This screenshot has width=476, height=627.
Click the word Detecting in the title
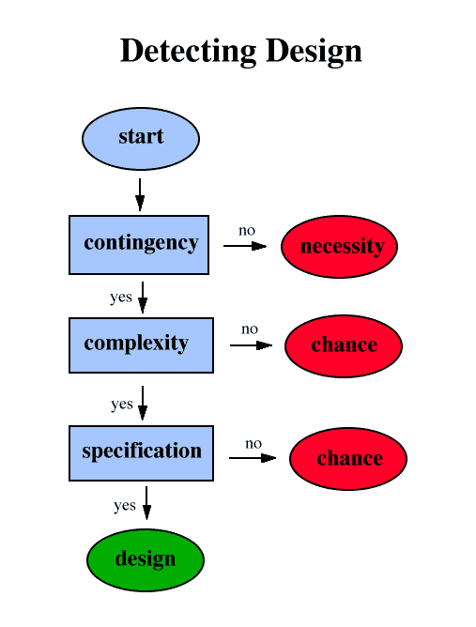(x=188, y=52)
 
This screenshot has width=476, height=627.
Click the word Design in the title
(x=314, y=52)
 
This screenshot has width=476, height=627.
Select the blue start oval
(x=141, y=138)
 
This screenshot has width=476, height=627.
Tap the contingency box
(x=139, y=245)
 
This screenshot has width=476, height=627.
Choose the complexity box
(x=141, y=345)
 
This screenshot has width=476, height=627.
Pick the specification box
(x=141, y=453)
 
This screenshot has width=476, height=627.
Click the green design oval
(x=146, y=559)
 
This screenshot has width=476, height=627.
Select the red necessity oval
(x=339, y=246)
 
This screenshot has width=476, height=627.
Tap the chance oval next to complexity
(x=344, y=346)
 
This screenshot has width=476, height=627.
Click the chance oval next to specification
(x=348, y=459)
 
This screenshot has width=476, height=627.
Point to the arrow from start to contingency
(x=140, y=194)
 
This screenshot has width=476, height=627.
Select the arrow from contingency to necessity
(x=245, y=246)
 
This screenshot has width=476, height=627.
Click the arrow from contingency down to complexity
(x=143, y=298)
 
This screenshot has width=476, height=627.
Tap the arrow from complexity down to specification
(x=143, y=403)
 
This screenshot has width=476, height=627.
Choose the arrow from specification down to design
(x=146, y=503)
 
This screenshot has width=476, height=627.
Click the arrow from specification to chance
(x=253, y=458)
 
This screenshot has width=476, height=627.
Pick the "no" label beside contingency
(x=247, y=231)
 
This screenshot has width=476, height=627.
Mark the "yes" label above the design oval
(x=125, y=506)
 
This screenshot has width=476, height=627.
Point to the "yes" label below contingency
(x=121, y=298)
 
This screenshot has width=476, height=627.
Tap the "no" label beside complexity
(x=250, y=329)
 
